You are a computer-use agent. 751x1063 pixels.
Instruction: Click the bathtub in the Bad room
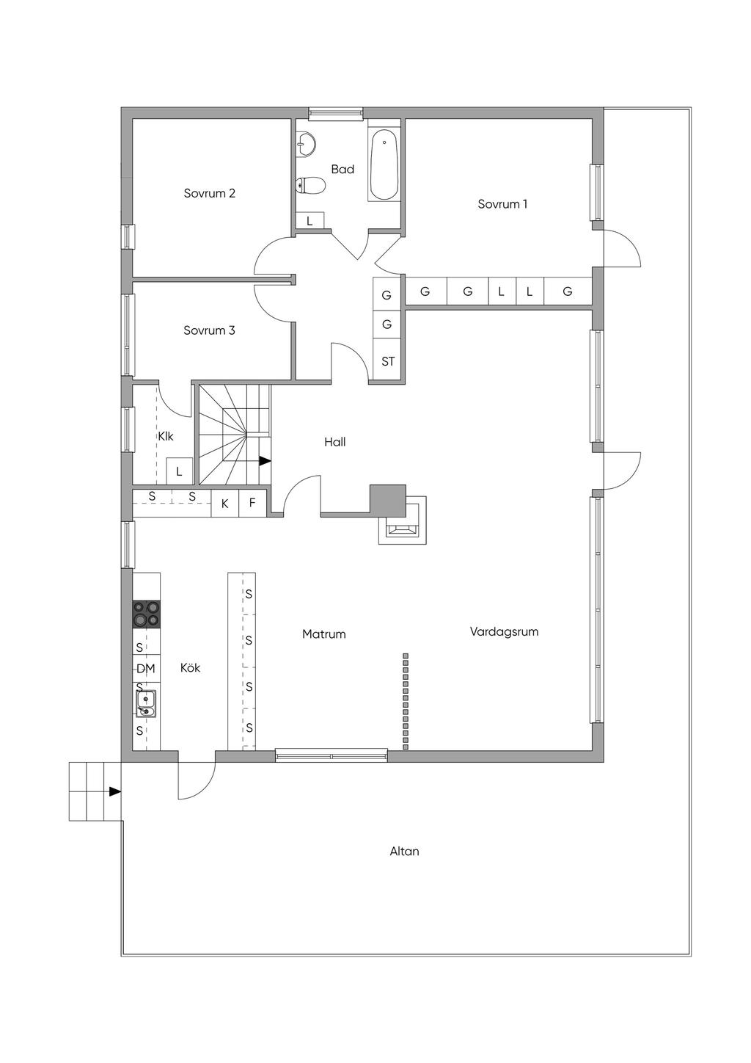point(384,165)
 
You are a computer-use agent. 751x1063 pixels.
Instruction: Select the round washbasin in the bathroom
point(307,145)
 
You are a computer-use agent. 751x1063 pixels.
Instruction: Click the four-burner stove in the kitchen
point(146,614)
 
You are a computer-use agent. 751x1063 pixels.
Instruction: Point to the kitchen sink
point(146,703)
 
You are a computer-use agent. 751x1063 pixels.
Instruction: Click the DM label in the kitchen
point(146,668)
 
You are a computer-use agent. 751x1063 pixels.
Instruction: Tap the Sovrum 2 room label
point(209,194)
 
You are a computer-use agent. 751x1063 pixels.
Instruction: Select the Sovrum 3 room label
point(209,330)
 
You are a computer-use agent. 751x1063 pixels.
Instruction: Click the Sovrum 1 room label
point(502,204)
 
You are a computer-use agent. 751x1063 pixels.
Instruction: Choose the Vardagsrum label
point(504,631)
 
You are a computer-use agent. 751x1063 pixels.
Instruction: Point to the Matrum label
point(323,634)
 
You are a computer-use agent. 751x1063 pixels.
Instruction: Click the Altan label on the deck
point(404,852)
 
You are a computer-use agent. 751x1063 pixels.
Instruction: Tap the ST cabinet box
point(388,362)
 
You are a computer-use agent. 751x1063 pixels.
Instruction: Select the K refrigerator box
point(225,504)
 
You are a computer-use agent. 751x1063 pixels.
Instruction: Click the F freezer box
point(252,503)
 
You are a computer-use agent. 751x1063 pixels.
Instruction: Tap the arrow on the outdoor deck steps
point(114,791)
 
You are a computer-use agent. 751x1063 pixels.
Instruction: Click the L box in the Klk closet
point(179,471)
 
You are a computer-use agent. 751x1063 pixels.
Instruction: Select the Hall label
point(334,442)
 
